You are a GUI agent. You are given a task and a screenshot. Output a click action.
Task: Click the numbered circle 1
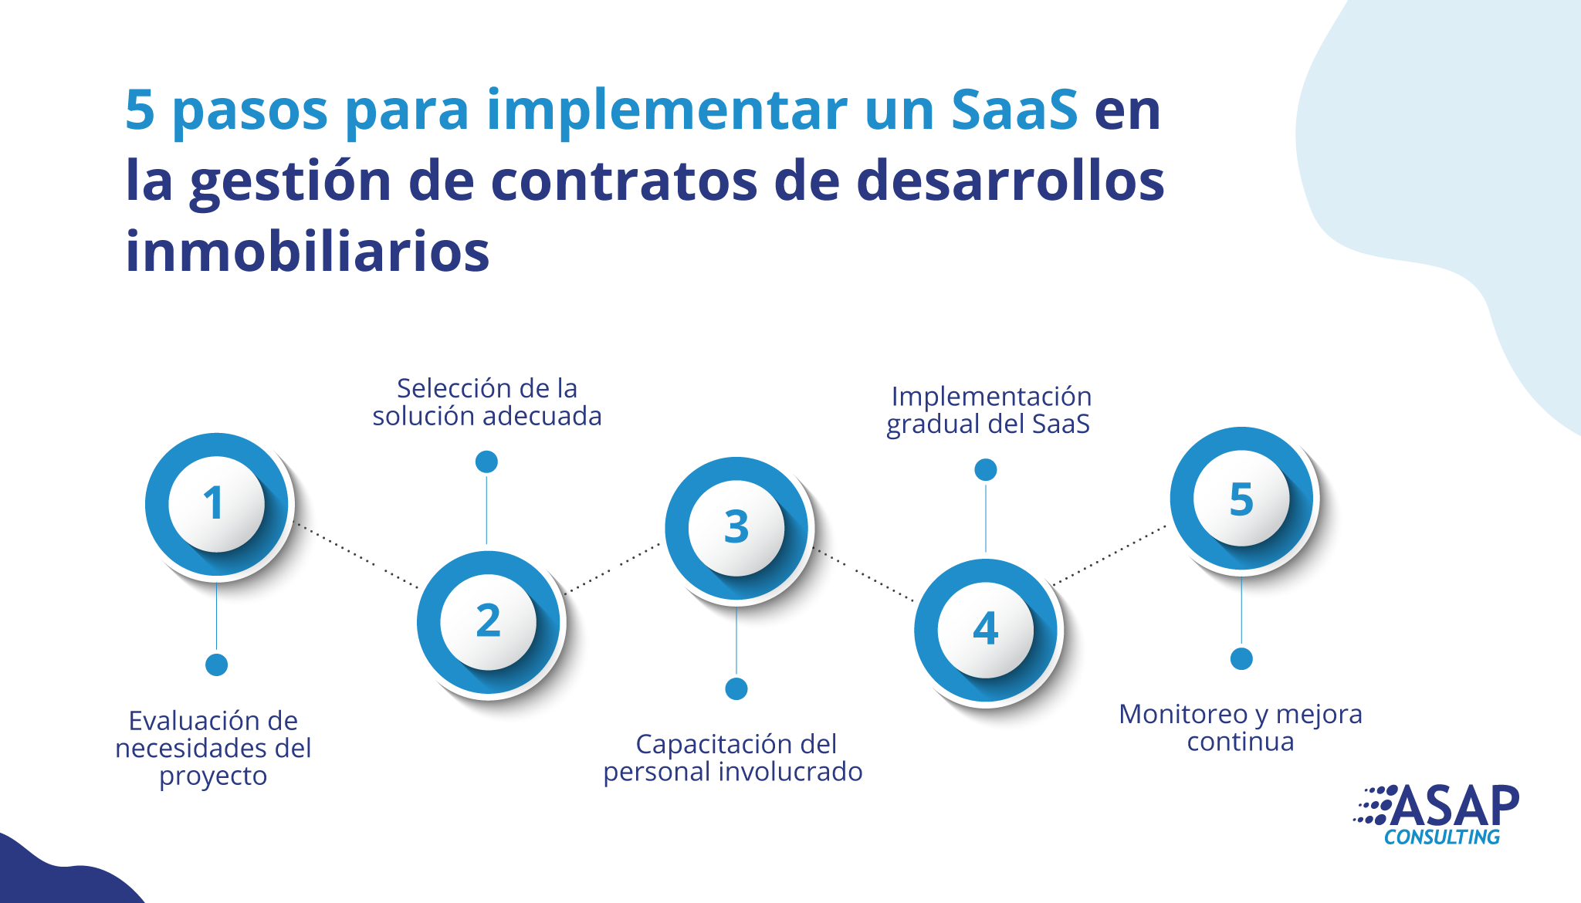pyautogui.click(x=217, y=504)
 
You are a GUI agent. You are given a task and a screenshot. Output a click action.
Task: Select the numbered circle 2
pyautogui.click(x=489, y=622)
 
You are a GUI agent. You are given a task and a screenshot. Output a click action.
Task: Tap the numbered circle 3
pyautogui.click(x=736, y=529)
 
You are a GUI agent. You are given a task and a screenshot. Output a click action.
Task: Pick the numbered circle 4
pyautogui.click(x=986, y=631)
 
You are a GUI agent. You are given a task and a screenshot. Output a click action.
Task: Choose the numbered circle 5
pyautogui.click(x=1241, y=499)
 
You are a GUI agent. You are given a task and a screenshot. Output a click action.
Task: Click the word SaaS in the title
pyautogui.click(x=1014, y=110)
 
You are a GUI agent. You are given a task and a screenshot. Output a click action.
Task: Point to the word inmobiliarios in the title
pyautogui.click(x=307, y=252)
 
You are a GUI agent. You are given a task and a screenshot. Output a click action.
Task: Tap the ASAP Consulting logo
pyautogui.click(x=1437, y=815)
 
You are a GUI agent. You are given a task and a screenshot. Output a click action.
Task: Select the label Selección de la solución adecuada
pyautogui.click(x=487, y=402)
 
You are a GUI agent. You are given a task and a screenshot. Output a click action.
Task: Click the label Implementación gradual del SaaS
pyautogui.click(x=989, y=410)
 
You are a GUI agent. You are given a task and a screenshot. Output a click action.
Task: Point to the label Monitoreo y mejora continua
pyautogui.click(x=1241, y=727)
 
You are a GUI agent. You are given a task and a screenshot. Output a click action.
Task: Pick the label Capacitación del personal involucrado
pyautogui.click(x=733, y=757)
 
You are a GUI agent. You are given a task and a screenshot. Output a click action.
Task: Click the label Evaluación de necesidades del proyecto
pyautogui.click(x=213, y=748)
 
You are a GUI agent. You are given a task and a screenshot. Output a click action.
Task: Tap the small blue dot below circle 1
pyautogui.click(x=217, y=665)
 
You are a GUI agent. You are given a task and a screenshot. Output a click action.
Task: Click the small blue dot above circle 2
pyautogui.click(x=486, y=462)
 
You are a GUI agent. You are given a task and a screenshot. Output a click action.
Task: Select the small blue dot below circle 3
pyautogui.click(x=736, y=688)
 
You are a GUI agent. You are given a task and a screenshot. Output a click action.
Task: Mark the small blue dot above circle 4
pyautogui.click(x=986, y=469)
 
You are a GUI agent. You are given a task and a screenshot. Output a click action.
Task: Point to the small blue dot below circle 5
pyautogui.click(x=1241, y=658)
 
